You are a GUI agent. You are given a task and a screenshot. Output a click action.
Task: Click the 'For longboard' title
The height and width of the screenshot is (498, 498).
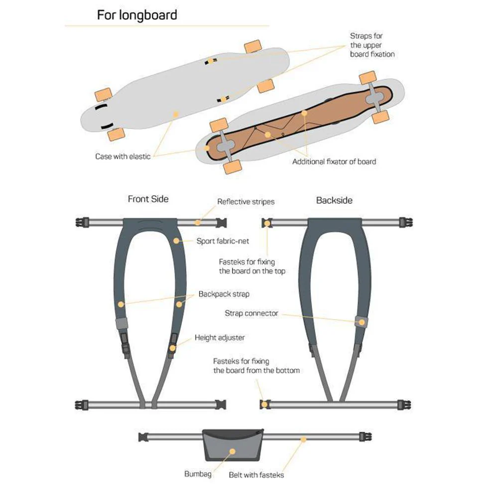pyautogui.click(x=137, y=15)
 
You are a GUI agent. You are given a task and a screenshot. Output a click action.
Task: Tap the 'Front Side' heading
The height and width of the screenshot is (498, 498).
pyautogui.click(x=148, y=199)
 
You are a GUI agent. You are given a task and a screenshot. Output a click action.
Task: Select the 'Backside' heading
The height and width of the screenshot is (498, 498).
pyautogui.click(x=334, y=200)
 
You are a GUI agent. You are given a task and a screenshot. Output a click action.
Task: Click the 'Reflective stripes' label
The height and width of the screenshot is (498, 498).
pyautogui.click(x=246, y=202)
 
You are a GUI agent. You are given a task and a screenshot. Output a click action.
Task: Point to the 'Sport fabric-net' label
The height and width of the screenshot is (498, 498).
pyautogui.click(x=223, y=241)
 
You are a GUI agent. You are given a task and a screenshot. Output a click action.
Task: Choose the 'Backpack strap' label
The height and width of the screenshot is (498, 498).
pyautogui.click(x=224, y=294)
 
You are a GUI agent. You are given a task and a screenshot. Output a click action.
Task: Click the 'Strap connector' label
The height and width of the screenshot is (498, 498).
pyautogui.click(x=251, y=313)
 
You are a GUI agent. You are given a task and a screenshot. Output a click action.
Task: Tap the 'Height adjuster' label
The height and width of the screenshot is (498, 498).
pyautogui.click(x=220, y=338)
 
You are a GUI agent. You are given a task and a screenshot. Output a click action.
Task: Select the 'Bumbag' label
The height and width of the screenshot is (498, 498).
pyautogui.click(x=198, y=474)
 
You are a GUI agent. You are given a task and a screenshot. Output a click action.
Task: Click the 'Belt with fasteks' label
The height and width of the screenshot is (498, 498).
pyautogui.click(x=256, y=475)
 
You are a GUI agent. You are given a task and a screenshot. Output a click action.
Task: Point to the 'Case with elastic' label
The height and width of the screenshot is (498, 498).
pyautogui.click(x=123, y=156)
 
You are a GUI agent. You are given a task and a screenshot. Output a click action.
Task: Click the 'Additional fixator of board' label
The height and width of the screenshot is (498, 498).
pyautogui.click(x=334, y=162)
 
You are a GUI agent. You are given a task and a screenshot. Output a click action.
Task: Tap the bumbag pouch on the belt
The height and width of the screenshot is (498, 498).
pyautogui.click(x=233, y=445)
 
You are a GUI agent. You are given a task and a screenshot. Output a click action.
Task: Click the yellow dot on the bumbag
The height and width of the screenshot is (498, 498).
pyautogui.click(x=233, y=451)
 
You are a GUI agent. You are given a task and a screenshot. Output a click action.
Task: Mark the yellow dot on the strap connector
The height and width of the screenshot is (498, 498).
pyautogui.click(x=362, y=322)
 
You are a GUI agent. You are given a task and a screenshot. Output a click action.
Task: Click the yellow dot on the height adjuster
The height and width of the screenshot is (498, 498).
pyautogui.click(x=172, y=349)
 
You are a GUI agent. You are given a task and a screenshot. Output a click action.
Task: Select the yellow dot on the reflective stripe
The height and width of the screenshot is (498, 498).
pyautogui.click(x=198, y=222)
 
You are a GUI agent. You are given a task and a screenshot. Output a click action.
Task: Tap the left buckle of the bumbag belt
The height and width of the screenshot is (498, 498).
pyautogui.click(x=143, y=437)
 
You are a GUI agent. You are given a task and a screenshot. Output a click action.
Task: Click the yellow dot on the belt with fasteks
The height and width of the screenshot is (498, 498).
pyautogui.click(x=303, y=440)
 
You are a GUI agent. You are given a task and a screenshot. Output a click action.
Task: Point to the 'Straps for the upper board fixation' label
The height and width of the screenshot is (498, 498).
pyautogui.click(x=372, y=45)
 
